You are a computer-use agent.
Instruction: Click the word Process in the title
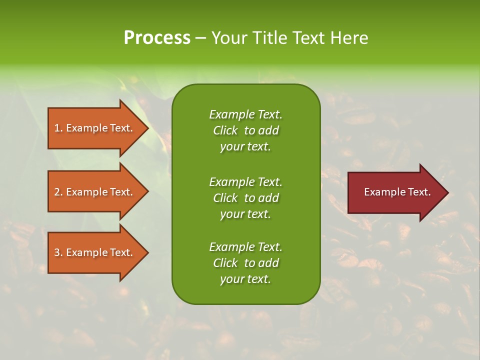pos(157,38)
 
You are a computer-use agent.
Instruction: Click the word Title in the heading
pos(269,38)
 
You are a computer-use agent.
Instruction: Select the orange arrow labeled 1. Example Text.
pos(95,128)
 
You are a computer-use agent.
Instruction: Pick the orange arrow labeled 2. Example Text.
pos(95,192)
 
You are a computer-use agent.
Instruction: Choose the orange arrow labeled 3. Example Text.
pos(95,252)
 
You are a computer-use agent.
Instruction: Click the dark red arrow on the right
pos(395,192)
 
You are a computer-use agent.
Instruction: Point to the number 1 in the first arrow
pos(57,128)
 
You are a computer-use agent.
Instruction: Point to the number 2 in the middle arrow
pos(57,192)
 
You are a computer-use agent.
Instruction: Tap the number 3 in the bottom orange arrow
pos(57,252)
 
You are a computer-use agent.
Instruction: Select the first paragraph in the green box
pos(245,130)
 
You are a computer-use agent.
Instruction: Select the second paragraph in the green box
pos(245,197)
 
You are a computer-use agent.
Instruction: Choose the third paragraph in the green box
pos(245,263)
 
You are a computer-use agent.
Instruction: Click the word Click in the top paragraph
pos(225,130)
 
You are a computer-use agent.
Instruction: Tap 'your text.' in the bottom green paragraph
pos(245,279)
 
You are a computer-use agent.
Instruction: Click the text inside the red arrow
pos(397,192)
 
